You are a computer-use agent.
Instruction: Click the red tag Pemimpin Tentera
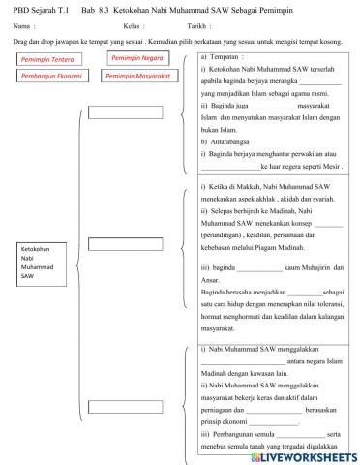[x=46, y=60]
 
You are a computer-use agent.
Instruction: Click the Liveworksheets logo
[x=310, y=454]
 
